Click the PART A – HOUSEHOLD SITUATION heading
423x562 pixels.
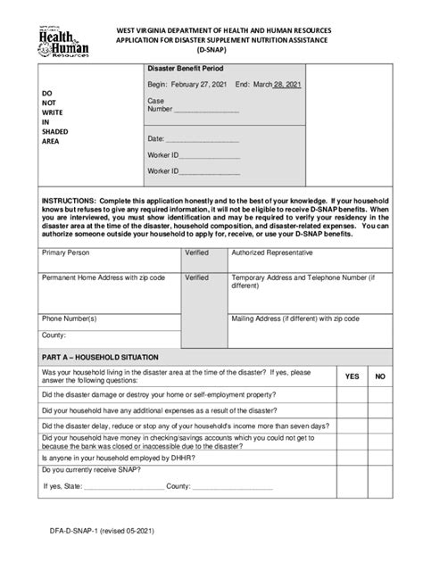click(x=105, y=356)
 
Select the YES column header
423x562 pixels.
click(x=352, y=377)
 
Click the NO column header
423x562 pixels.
click(x=380, y=377)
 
